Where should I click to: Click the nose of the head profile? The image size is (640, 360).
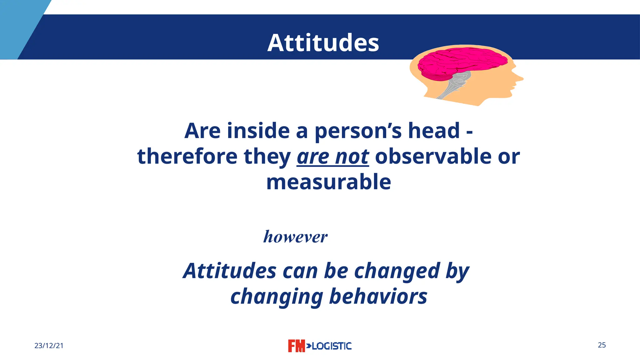click(x=520, y=78)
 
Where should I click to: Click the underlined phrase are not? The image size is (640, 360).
click(x=332, y=157)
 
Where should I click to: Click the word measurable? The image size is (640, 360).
click(x=328, y=182)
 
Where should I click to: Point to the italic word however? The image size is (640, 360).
click(x=295, y=237)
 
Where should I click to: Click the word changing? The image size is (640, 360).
click(x=277, y=297)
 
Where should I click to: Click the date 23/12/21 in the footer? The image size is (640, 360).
click(x=49, y=346)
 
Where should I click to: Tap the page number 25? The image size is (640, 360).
click(x=602, y=345)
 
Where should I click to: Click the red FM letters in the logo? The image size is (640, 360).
click(x=296, y=346)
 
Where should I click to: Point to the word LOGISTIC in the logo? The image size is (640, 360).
click(x=332, y=346)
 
